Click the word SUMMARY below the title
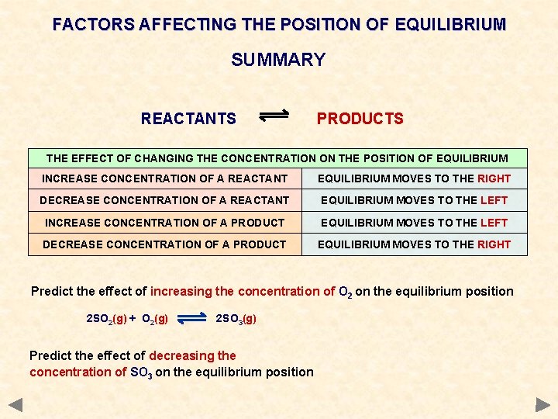coord(278,60)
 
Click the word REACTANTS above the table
coord(188,119)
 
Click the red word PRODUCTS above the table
coord(360,119)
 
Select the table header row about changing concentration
coord(277,158)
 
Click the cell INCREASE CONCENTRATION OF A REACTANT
coord(164,178)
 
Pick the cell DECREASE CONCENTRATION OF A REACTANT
coord(164,200)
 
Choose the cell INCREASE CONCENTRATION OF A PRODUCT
coord(164,223)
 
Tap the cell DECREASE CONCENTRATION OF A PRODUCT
coord(164,244)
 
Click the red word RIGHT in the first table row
coord(494,178)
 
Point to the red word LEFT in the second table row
coord(494,200)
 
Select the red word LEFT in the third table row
coord(494,223)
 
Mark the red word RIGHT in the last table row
coord(494,244)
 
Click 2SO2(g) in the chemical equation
coord(105,319)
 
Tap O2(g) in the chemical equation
coord(155,319)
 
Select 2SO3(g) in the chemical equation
coord(236,319)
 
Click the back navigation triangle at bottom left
coord(15,404)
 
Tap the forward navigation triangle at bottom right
coord(542,404)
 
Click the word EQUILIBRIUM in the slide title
coord(449,25)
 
